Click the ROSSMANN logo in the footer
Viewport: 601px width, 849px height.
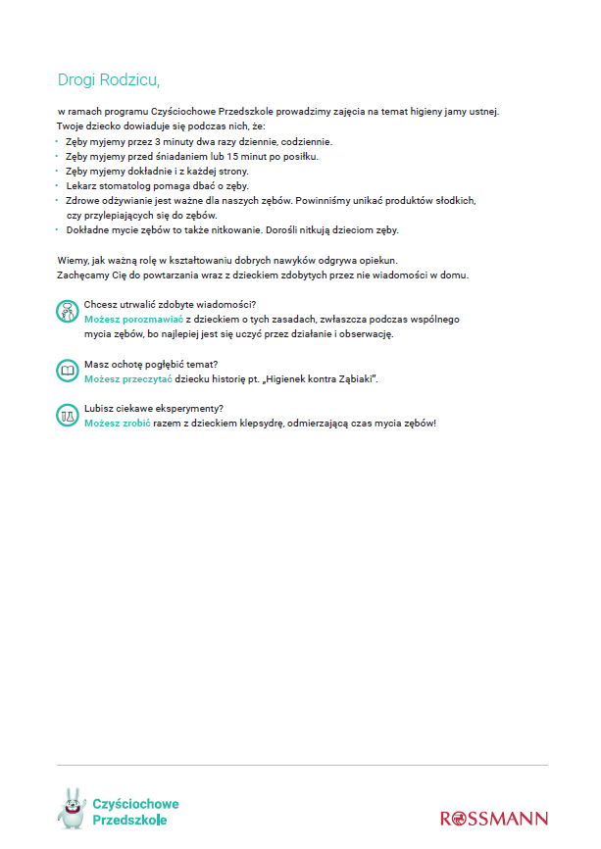tap(494, 819)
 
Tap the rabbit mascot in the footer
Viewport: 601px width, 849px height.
tap(71, 808)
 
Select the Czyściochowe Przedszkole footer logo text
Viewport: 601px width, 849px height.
tap(135, 812)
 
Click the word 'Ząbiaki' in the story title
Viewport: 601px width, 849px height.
tap(345, 378)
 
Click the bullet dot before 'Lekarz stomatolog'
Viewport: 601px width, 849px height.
tap(57, 185)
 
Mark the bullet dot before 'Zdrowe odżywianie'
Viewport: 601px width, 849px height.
tap(57, 200)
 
